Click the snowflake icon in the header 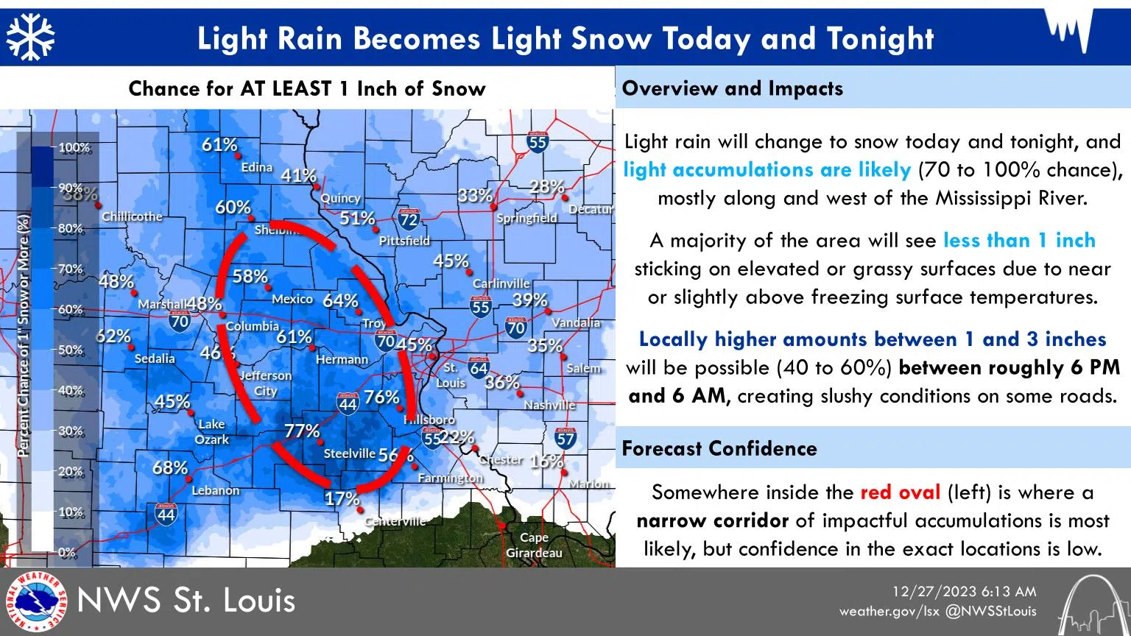(31, 38)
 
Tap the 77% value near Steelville (302, 431)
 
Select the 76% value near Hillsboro (381, 397)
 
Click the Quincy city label (340, 198)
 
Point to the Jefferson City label (266, 383)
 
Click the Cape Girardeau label (534, 545)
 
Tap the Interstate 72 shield (409, 219)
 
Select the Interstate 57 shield (565, 439)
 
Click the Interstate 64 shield (479, 368)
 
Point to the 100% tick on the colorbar (74, 147)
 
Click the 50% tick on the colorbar (71, 350)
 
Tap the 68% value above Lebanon (170, 467)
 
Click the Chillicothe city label (132, 216)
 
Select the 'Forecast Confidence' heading (719, 448)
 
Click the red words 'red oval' (900, 492)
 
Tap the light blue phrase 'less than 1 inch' (1019, 240)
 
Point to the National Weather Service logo (35, 601)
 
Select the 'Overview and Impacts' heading (733, 88)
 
